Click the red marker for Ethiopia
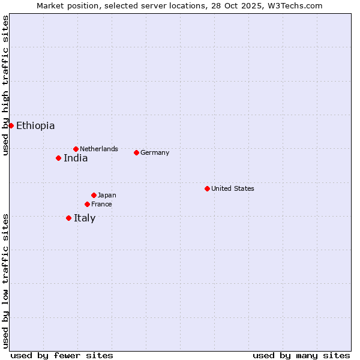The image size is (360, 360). pyautogui.click(x=11, y=125)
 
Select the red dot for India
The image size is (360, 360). pyautogui.click(x=58, y=158)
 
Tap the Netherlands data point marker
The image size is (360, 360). pyautogui.click(x=76, y=149)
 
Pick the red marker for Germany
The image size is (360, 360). pyautogui.click(x=136, y=152)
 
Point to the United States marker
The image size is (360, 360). pyautogui.click(x=207, y=188)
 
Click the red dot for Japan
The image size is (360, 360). pyautogui.click(x=94, y=195)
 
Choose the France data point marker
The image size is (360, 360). pyautogui.click(x=87, y=204)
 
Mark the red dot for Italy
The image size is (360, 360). pyautogui.click(x=68, y=218)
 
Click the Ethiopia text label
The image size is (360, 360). pyautogui.click(x=35, y=125)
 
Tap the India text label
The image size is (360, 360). pyautogui.click(x=76, y=158)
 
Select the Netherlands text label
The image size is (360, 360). pyautogui.click(x=99, y=149)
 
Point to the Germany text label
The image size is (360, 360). pyautogui.click(x=155, y=152)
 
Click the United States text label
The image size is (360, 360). pyautogui.click(x=233, y=188)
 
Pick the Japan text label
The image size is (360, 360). pyautogui.click(x=107, y=195)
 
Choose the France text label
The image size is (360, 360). pyautogui.click(x=101, y=204)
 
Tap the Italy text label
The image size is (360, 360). pyautogui.click(x=85, y=218)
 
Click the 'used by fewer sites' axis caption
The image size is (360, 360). pyautogui.click(x=62, y=355)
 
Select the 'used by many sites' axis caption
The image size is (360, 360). pyautogui.click(x=301, y=355)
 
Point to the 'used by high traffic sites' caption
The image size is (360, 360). pyautogui.click(x=5, y=85)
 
